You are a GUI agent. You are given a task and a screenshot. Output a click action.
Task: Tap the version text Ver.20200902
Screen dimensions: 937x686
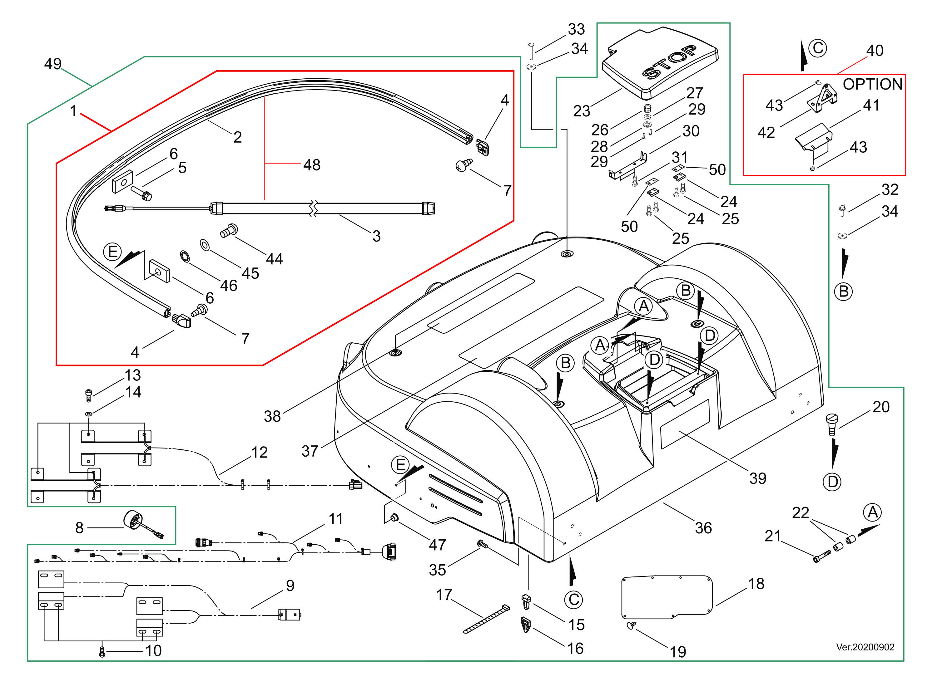(x=865, y=647)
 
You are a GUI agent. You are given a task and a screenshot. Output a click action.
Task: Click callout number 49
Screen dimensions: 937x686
(x=53, y=64)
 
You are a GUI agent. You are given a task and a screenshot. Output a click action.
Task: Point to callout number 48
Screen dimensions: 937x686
(x=312, y=165)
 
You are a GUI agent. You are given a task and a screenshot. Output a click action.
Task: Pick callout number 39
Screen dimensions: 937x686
(x=757, y=478)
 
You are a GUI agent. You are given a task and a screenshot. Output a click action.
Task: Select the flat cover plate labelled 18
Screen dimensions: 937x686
(x=667, y=597)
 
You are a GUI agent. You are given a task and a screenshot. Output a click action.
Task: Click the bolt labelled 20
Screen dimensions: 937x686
(x=831, y=424)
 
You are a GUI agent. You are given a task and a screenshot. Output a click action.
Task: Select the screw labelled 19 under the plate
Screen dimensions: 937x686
(x=631, y=625)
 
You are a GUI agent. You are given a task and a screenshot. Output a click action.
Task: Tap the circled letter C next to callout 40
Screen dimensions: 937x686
(x=818, y=48)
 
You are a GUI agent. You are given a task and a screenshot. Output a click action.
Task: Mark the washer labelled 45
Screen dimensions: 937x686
(x=205, y=245)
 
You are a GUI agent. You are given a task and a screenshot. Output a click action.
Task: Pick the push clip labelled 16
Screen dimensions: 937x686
(x=526, y=625)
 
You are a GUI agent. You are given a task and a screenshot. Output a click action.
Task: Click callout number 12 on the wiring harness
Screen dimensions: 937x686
(x=259, y=452)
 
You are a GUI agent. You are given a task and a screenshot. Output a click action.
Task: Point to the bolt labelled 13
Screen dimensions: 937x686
(x=88, y=395)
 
